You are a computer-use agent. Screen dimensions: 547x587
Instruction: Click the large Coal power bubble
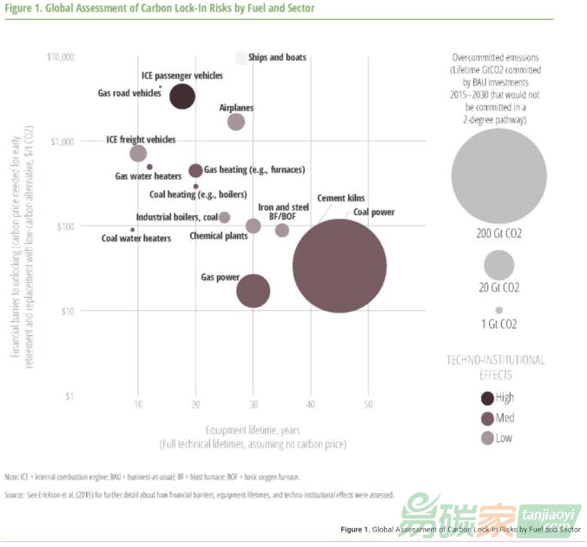[339, 265]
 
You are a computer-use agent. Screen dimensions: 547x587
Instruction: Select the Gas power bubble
[253, 292]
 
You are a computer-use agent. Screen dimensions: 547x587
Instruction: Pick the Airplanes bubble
[235, 122]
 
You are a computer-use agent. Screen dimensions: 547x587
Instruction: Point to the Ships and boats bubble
[241, 58]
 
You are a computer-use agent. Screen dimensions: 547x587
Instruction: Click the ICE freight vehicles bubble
[138, 154]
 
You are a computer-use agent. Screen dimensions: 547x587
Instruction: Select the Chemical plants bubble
[253, 226]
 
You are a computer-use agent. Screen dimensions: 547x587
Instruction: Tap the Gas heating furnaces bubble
[195, 170]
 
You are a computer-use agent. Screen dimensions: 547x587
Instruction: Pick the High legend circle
[488, 399]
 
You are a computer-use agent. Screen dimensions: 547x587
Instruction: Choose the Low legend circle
[488, 438]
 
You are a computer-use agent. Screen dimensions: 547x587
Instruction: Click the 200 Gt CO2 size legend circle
[498, 175]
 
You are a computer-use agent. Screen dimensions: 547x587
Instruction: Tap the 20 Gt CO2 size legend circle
[498, 264]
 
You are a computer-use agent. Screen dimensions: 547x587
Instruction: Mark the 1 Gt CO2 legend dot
[498, 310]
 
